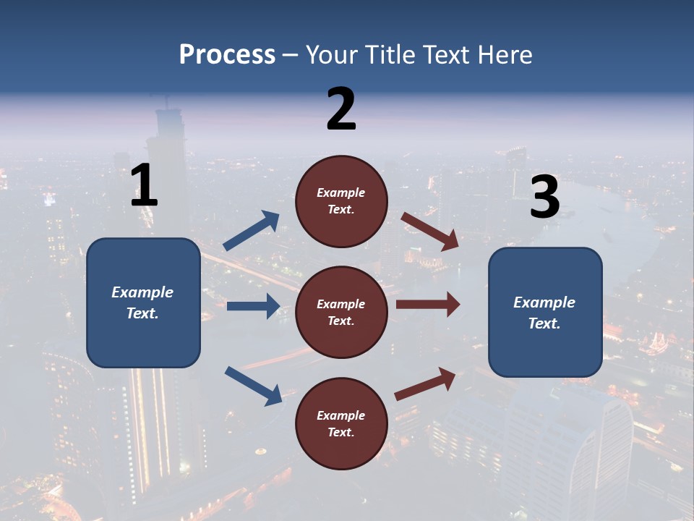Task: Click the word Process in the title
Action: pos(227,55)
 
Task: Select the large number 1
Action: pos(144,186)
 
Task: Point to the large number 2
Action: pos(341,109)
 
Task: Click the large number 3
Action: pos(544,198)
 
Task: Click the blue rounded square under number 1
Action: pos(143,302)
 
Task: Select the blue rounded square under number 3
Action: pos(545,312)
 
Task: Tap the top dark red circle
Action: pos(341,201)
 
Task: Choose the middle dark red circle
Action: pos(341,312)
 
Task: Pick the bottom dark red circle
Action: pos(341,423)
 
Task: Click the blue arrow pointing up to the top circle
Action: pos(252,231)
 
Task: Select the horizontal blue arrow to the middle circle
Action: pos(253,306)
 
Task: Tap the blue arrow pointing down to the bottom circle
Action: pos(253,385)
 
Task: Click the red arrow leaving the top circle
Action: pos(429,231)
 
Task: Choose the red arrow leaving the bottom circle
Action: pos(425,384)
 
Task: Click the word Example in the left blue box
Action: pos(142,292)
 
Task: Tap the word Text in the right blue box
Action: pos(544,323)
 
